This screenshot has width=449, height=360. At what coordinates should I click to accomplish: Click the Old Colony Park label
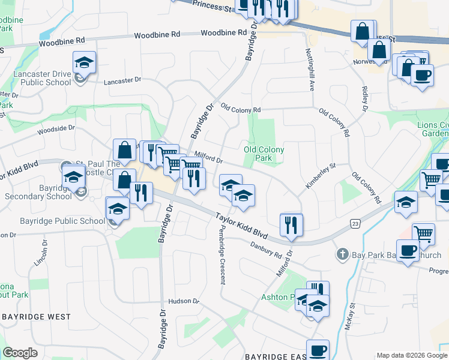point(264,154)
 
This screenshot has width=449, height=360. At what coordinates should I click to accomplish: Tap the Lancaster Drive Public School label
point(42,79)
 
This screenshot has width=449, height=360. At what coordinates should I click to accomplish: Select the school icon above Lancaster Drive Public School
point(85,62)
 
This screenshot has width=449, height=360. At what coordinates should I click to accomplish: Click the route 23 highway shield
point(354,223)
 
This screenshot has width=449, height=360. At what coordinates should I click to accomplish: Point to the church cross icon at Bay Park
point(342,254)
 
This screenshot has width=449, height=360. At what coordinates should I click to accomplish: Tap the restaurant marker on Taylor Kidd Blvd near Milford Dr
point(291,225)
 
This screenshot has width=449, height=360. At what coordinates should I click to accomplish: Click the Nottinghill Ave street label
point(311,70)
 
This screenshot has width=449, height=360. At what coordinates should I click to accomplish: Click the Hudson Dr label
point(183,301)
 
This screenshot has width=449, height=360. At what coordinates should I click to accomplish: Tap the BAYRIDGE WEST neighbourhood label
point(36,316)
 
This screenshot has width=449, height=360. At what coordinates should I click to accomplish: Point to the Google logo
point(20,353)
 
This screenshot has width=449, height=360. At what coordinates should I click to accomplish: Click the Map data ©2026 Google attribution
point(411,355)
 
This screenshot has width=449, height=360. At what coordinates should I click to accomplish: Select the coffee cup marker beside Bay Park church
point(408,250)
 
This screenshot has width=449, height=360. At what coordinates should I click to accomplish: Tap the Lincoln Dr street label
point(44,257)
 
